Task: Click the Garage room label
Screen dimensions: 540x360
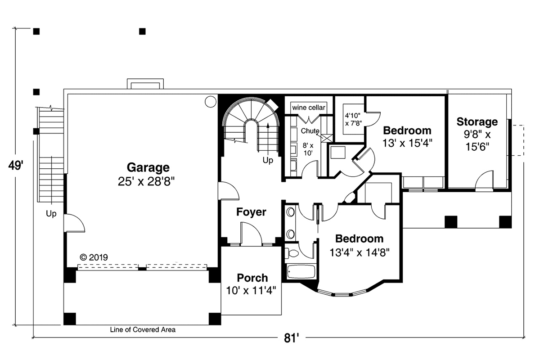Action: (148, 167)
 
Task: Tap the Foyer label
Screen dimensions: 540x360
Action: (251, 212)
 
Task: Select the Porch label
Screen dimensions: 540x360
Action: (252, 278)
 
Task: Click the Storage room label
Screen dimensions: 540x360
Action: (477, 122)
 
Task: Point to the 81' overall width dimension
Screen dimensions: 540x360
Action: (291, 338)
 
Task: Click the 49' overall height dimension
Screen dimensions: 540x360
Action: (16, 166)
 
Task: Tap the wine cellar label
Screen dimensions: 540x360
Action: (309, 108)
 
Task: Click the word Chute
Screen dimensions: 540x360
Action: (310, 130)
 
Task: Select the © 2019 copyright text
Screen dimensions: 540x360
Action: (94, 257)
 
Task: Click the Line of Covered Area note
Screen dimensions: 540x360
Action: (143, 329)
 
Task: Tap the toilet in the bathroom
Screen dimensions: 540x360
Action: (292, 253)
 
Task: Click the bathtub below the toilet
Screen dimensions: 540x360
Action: (301, 272)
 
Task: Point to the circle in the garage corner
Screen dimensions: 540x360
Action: (211, 102)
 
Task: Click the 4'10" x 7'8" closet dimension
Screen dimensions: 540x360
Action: (353, 119)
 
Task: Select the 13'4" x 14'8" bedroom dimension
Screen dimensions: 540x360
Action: (360, 253)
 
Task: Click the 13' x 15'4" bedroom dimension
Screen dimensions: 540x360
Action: (407, 143)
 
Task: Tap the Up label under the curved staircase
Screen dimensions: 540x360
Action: (268, 160)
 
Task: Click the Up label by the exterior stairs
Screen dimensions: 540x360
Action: (51, 213)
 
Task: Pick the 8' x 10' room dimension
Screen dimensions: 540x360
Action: (308, 149)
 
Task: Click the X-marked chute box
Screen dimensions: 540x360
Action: (327, 138)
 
